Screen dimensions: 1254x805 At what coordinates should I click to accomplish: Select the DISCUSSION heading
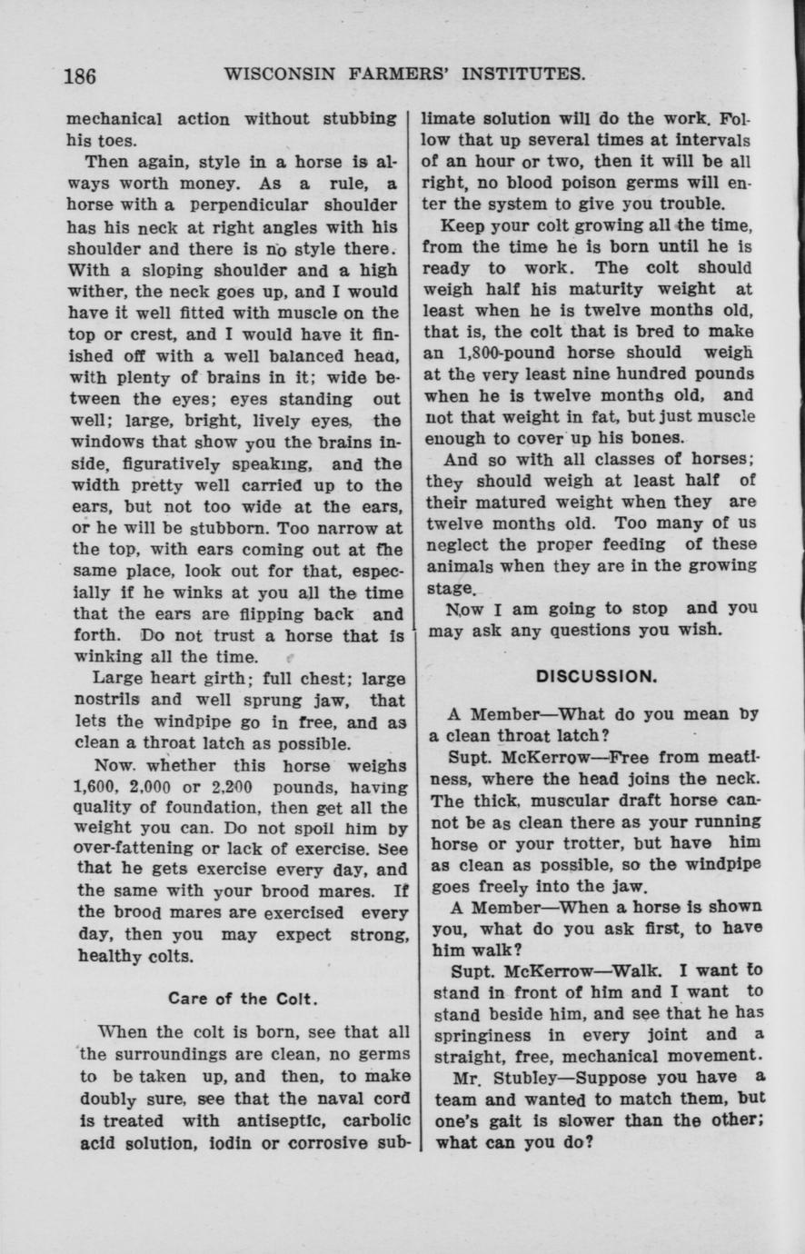[595, 676]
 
